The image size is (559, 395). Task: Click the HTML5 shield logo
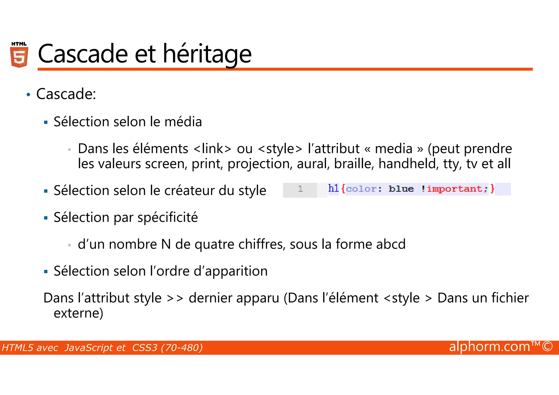(19, 55)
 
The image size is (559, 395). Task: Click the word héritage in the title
(207, 54)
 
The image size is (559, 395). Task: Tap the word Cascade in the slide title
(83, 54)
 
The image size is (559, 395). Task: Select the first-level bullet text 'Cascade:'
(66, 94)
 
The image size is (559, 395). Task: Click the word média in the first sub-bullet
(183, 122)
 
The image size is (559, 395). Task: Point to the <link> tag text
(212, 149)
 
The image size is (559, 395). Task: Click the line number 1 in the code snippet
(300, 189)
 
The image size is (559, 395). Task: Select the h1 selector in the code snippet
(333, 188)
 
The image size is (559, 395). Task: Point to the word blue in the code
(401, 189)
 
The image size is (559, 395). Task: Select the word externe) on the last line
(78, 313)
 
